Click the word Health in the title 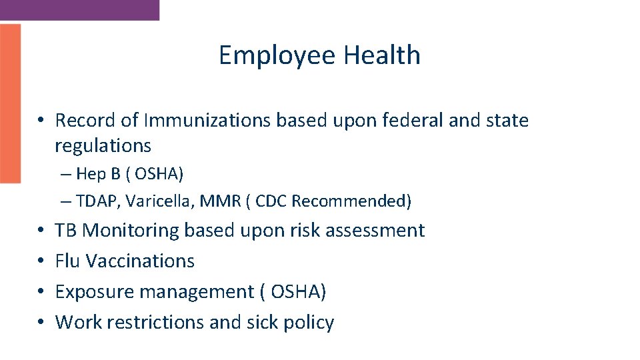click(x=381, y=55)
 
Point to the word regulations click(x=103, y=145)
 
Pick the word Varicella click(x=155, y=201)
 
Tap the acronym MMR click(x=213, y=201)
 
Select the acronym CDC click(x=271, y=201)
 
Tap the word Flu click(x=67, y=261)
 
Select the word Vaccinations click(x=140, y=261)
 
